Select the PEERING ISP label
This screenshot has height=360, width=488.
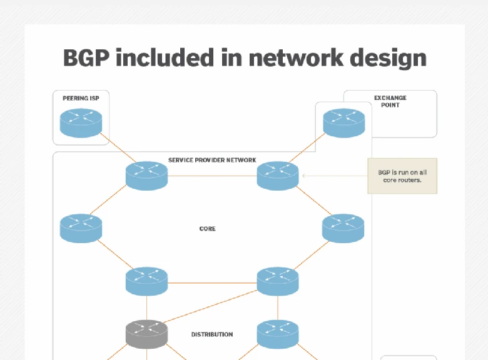pyautogui.click(x=81, y=98)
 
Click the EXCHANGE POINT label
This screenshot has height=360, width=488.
pyautogui.click(x=390, y=101)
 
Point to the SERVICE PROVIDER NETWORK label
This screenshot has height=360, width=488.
pyautogui.click(x=212, y=160)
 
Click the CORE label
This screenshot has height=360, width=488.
pyautogui.click(x=207, y=229)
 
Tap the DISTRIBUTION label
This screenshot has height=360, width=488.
pyautogui.click(x=212, y=334)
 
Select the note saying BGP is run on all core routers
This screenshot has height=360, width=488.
pyautogui.click(x=402, y=176)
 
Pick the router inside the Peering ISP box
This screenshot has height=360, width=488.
pyautogui.click(x=81, y=122)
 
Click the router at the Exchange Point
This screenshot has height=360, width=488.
pyautogui.click(x=343, y=122)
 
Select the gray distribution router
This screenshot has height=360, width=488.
pyautogui.click(x=146, y=334)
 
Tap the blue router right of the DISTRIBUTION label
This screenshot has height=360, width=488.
pyautogui.click(x=278, y=334)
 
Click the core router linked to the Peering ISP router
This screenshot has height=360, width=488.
pyautogui.click(x=146, y=176)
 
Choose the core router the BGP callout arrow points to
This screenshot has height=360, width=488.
pyautogui.click(x=278, y=176)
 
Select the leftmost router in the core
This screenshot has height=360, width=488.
pyautogui.click(x=81, y=228)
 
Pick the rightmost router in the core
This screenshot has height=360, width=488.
pyautogui.click(x=343, y=228)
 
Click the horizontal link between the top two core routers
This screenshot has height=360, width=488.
pyautogui.click(x=212, y=176)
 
